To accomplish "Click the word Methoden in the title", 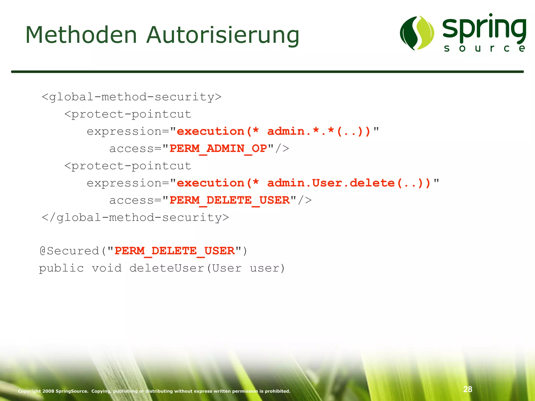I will pos(81,35).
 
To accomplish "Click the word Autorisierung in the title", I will pos(223,36).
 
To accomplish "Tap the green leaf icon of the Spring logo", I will pos(417,33).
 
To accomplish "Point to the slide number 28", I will pos(468,389).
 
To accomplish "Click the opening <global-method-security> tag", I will pos(131,97).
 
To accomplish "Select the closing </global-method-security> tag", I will pos(135,218).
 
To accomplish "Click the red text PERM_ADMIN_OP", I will pos(218,149).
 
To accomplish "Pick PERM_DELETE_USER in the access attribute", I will pos(229,200).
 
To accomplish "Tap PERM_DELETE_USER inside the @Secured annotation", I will pos(175,251).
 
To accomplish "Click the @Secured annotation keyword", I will pos(69,251).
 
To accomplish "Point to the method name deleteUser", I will pos(167,268).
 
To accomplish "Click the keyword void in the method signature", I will pos(107,268).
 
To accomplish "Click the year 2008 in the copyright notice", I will pos(48,391).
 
